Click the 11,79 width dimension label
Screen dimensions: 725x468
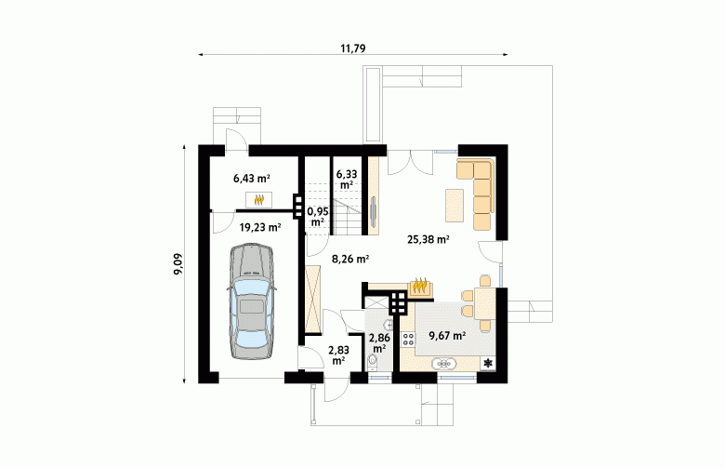click(x=353, y=48)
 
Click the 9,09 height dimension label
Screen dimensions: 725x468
click(x=178, y=264)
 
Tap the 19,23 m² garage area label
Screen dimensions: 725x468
click(x=260, y=227)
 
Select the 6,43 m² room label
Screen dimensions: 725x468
click(x=252, y=179)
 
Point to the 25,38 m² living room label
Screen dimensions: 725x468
click(x=428, y=239)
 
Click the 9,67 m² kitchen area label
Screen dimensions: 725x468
click(x=447, y=336)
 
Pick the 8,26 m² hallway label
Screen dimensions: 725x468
click(x=350, y=260)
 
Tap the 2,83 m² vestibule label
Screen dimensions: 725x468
click(x=339, y=355)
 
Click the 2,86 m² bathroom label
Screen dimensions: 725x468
click(x=379, y=342)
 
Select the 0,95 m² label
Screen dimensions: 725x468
click(x=318, y=217)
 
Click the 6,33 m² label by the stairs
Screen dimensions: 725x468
click(x=347, y=180)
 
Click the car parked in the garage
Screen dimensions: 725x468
click(x=252, y=301)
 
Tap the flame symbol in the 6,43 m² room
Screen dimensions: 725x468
click(x=259, y=200)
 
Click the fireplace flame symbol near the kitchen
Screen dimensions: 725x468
click(x=420, y=285)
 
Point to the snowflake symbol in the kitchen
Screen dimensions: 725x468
click(x=488, y=364)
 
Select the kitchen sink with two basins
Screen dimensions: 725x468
click(x=444, y=365)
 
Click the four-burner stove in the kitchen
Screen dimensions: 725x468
click(x=408, y=339)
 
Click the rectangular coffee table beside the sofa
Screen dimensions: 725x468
click(x=455, y=206)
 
